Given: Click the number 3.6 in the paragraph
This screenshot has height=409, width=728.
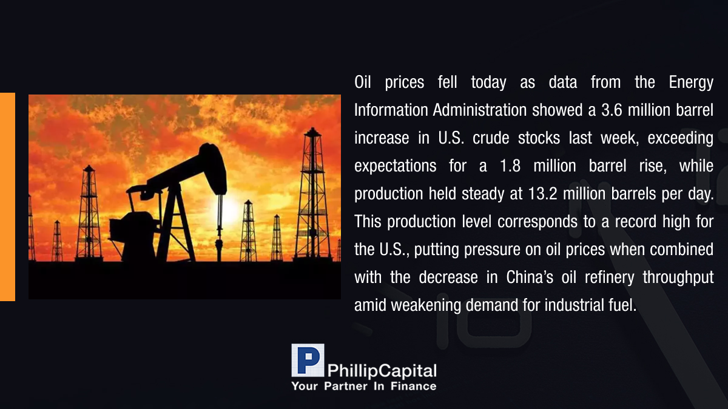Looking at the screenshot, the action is click(612, 110).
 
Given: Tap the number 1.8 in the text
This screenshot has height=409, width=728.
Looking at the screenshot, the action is click(510, 166).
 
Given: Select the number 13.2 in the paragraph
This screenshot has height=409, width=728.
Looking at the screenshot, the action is click(543, 194).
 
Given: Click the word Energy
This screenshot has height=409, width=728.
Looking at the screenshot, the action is click(691, 83).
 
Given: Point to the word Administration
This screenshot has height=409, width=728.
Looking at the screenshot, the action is click(480, 110).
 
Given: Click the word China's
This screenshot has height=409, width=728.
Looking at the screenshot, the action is click(530, 278).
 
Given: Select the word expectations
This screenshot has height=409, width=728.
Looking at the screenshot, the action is click(395, 167).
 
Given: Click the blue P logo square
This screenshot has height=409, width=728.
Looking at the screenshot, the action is click(308, 361).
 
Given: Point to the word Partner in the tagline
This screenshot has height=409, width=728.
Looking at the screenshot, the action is click(345, 387).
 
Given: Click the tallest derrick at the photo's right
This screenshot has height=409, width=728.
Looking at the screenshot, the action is click(312, 195).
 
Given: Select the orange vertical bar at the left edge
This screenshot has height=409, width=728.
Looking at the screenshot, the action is click(7, 197).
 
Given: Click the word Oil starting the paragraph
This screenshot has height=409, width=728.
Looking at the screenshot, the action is click(363, 82).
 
